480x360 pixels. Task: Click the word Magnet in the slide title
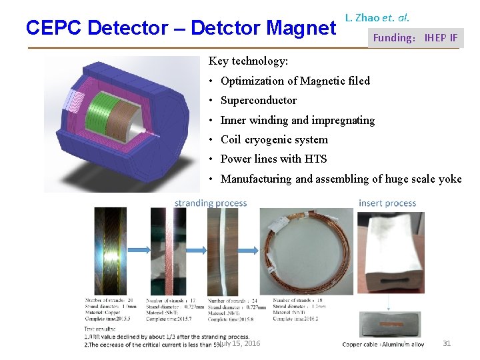pyautogui.click(x=301, y=28)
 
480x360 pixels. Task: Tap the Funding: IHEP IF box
pyautogui.click(x=415, y=38)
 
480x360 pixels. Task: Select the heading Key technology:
pyautogui.click(x=248, y=61)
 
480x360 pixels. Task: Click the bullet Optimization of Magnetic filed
pyautogui.click(x=295, y=81)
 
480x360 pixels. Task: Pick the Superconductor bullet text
pyautogui.click(x=259, y=101)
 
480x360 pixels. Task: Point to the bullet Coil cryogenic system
pyautogui.click(x=274, y=140)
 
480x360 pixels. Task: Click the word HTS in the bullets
pyautogui.click(x=315, y=159)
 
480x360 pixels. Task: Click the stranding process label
pyautogui.click(x=211, y=203)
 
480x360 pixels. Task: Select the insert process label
pyautogui.click(x=387, y=203)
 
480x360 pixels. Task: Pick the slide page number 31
pyautogui.click(x=447, y=343)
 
